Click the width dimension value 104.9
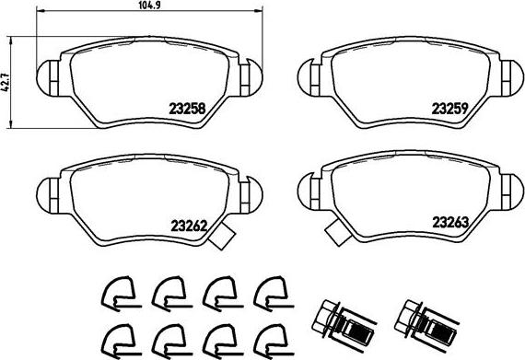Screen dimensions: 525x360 click(149, 5)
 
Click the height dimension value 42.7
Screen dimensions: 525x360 click(5, 82)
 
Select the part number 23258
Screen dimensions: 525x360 click(187, 108)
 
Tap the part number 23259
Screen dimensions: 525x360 click(449, 108)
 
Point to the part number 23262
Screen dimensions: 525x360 click(189, 226)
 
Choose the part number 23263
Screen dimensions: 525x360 click(450, 222)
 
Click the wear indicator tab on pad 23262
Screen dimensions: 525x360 click(221, 237)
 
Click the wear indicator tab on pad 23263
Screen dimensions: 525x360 click(338, 233)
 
